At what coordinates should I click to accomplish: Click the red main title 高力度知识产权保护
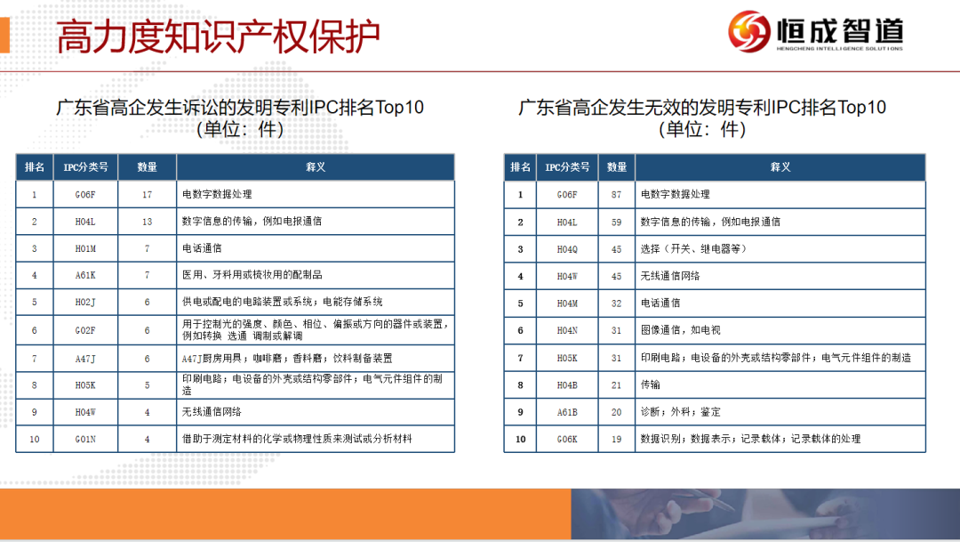pos(218,36)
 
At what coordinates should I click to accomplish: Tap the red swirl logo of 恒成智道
pos(748,31)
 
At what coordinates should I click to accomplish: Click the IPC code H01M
pos(85,248)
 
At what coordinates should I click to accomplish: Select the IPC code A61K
pos(85,275)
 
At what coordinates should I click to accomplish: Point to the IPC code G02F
pos(85,330)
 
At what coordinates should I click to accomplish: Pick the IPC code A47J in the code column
pos(85,359)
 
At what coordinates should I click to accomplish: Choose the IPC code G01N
pos(85,439)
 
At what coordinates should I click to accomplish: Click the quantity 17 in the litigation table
pos(147,194)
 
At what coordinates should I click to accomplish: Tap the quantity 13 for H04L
pos(147,222)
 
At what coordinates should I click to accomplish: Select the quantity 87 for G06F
pos(616,194)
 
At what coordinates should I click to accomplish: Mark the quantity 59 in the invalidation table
pos(616,222)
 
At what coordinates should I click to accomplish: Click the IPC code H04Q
pos(567,249)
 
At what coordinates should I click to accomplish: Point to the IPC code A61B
pos(567,412)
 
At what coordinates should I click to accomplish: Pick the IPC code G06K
pos(567,439)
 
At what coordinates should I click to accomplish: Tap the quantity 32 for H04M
pos(616,303)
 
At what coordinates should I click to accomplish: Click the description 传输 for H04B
pos(650,384)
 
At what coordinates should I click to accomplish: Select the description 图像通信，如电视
pos(680,330)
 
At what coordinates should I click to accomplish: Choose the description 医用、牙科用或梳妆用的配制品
pos(252,275)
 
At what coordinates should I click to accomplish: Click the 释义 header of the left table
pos(316,166)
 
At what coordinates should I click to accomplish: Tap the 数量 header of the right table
pos(617,166)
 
